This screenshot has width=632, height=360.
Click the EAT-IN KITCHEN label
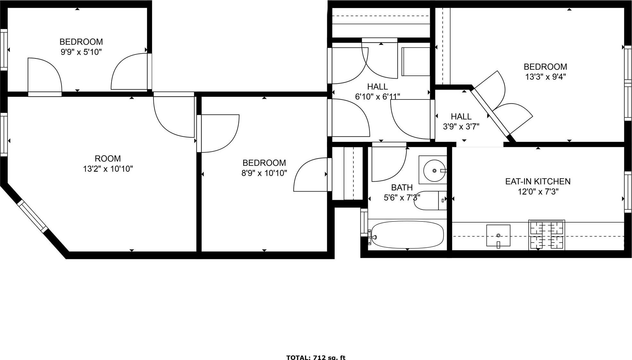coord(538,182)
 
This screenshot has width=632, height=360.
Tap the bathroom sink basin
coord(434,171)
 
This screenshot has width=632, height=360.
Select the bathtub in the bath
coord(406,235)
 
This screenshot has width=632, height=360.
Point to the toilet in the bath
coord(429,201)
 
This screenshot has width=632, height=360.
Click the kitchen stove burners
coord(547,235)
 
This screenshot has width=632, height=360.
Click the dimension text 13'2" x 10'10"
coord(108,169)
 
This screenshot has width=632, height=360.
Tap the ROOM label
coord(108,159)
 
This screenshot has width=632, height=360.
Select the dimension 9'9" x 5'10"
coord(81,52)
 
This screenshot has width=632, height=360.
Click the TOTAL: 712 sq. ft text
coord(316,357)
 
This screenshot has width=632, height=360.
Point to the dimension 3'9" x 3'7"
coord(461,127)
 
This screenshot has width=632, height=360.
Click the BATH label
coord(402,187)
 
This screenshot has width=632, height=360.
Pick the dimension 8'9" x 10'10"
coord(264,173)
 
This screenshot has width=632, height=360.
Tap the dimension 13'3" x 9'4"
coord(545,77)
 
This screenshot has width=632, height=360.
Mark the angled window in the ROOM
coord(32,216)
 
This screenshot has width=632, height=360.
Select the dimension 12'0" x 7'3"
coord(538,192)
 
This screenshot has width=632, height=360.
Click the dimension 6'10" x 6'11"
coord(377,97)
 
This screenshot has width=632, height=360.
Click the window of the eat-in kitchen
coord(628,192)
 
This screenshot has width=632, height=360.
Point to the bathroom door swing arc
coord(389,164)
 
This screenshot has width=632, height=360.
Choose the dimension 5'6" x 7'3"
coord(402,198)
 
